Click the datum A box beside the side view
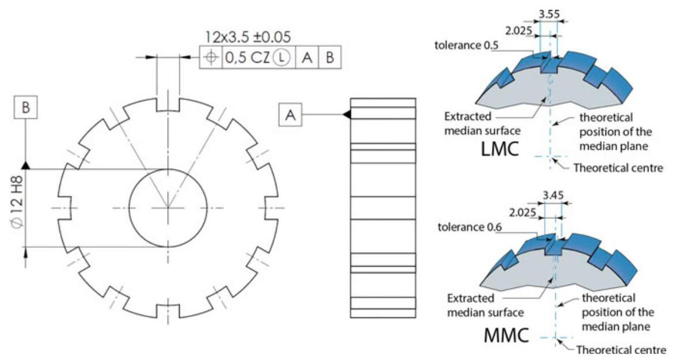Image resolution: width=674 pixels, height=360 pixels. (x=290, y=115)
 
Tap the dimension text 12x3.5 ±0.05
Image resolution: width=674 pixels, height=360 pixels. (x=247, y=39)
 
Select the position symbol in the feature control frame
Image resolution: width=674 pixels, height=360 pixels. (x=211, y=57)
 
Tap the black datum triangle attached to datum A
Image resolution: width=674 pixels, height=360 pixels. (x=346, y=115)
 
